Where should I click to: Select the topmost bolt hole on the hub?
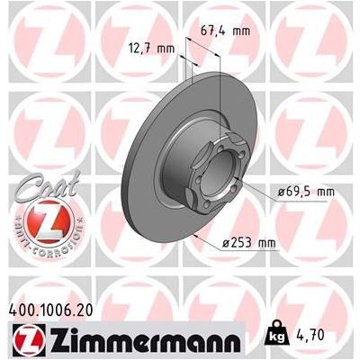pos(229,141)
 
